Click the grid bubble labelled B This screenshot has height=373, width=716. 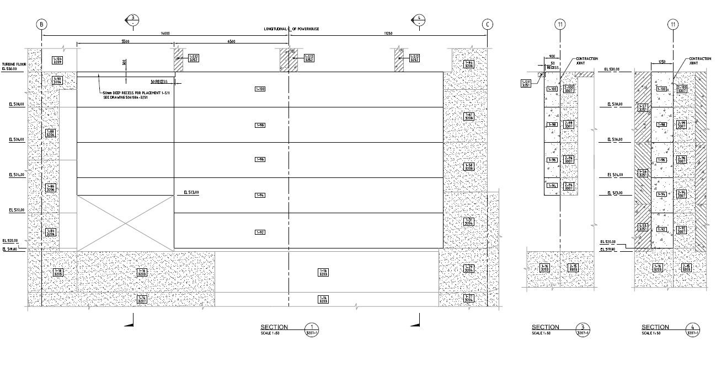point(42,24)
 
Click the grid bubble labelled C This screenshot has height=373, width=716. point(487,24)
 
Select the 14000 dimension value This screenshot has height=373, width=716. point(165,34)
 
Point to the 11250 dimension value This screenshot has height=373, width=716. point(388,34)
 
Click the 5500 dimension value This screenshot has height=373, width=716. point(125,41)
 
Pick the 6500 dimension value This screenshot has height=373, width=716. point(231,41)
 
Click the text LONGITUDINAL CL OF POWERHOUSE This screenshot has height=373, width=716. point(291,29)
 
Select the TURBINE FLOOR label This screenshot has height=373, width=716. point(14,64)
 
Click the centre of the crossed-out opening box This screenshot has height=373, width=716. point(125,223)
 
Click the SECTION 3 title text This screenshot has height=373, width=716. point(545,327)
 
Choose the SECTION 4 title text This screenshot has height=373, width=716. point(655,327)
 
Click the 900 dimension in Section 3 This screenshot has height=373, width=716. point(551,56)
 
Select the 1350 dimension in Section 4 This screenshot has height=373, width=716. point(662,62)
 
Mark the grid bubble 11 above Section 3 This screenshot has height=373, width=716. point(560,24)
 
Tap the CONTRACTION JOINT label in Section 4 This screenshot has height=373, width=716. point(699,61)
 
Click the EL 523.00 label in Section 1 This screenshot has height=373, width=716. point(191,192)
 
